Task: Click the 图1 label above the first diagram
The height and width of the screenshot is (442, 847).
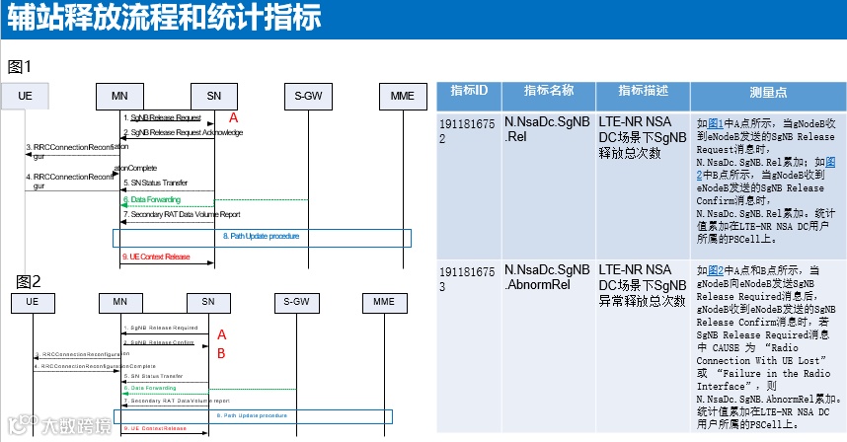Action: (21, 67)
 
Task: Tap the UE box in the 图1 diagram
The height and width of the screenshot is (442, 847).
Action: (26, 96)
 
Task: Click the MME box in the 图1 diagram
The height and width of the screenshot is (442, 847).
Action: (402, 96)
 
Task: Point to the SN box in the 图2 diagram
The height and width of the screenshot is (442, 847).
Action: (207, 301)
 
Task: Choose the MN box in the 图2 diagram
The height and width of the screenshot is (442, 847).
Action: (120, 301)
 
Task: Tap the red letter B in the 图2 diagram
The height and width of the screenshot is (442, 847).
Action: (222, 353)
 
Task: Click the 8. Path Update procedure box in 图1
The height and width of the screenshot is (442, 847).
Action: (262, 237)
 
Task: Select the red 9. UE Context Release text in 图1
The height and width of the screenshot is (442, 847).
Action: (156, 257)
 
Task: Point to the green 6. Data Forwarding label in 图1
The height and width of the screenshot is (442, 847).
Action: (152, 199)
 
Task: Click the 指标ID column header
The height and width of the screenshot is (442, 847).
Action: (469, 91)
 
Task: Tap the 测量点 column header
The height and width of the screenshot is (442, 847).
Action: (767, 91)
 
